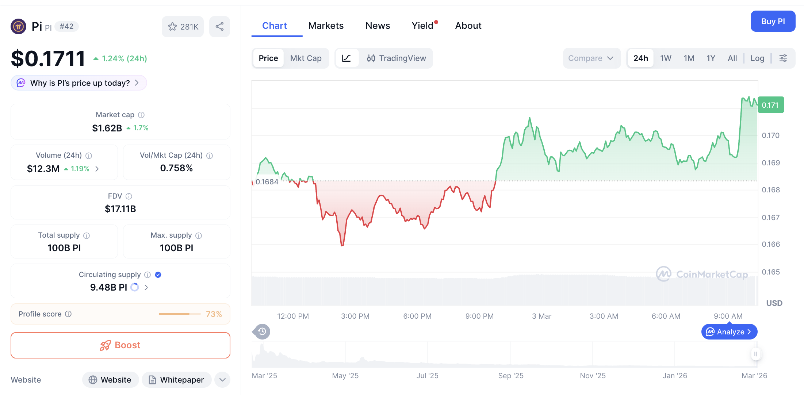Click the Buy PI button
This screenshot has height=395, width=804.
773,21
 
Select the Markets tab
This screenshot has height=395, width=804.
326,26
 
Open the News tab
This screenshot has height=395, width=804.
378,26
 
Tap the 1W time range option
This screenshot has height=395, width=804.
665,58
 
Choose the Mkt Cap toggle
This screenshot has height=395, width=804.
306,58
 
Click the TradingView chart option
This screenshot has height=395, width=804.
397,58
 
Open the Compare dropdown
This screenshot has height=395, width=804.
591,58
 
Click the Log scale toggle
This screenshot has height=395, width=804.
757,58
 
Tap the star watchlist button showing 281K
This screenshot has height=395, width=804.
183,27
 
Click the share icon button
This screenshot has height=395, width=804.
219,27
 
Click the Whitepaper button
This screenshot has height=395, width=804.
177,380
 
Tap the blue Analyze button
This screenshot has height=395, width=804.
729,331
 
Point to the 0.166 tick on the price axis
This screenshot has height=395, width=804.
770,244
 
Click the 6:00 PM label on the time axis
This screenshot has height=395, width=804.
417,316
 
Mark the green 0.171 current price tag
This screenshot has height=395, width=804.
770,105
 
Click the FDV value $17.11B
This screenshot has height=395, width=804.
120,209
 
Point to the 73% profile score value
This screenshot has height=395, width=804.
214,314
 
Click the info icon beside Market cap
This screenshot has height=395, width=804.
141,115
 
